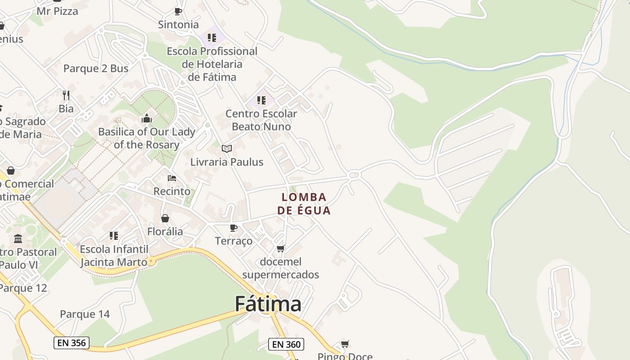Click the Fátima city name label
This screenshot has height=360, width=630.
click(x=268, y=304)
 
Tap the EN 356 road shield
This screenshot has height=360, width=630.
click(x=72, y=342)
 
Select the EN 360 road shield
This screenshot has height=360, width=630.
click(x=286, y=345)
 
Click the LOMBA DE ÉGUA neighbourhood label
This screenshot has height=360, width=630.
click(x=304, y=204)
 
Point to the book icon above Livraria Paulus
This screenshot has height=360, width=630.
click(x=227, y=148)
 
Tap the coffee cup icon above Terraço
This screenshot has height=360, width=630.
click(x=233, y=228)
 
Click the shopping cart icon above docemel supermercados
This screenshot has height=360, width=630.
click(x=281, y=248)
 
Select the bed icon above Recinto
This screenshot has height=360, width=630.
click(x=171, y=178)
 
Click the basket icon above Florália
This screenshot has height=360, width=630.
click(x=165, y=218)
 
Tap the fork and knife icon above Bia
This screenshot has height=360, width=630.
click(x=66, y=95)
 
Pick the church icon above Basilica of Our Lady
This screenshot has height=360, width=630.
click(x=147, y=118)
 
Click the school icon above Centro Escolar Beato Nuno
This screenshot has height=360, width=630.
click(x=261, y=100)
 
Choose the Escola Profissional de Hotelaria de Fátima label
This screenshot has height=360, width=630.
click(x=212, y=64)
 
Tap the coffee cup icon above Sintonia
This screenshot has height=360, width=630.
click(x=178, y=11)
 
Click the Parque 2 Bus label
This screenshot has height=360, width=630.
click(x=96, y=68)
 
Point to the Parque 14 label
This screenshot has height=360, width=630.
click(x=85, y=314)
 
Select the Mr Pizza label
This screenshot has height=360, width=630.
click(x=57, y=11)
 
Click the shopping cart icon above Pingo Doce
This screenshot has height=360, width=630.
click(x=345, y=344)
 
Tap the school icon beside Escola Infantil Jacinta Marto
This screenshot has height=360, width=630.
click(x=114, y=235)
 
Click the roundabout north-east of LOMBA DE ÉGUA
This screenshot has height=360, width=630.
click(x=354, y=175)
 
